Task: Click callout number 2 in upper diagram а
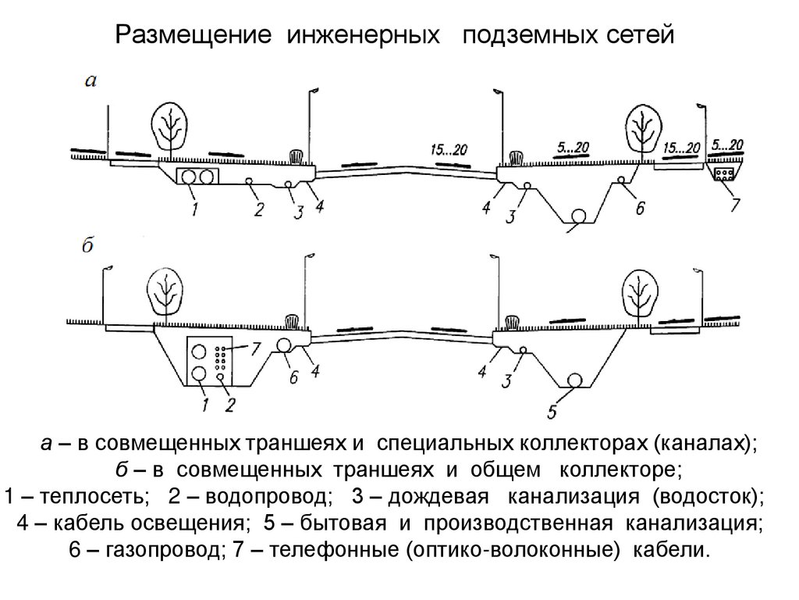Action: [x=259, y=208]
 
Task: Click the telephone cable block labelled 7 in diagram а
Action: [x=726, y=173]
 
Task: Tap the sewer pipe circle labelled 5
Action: [x=576, y=380]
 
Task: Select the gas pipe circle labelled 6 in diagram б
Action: [x=283, y=345]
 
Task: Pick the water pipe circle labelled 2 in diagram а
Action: [x=248, y=181]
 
